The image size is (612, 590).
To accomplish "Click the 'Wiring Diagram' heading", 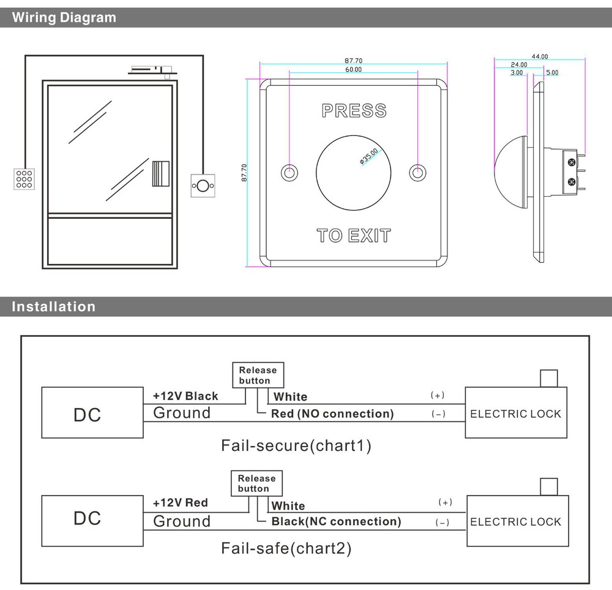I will coord(64,18).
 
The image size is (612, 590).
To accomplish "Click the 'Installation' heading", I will coord(54,306).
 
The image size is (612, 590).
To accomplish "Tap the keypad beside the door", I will coord(24,178).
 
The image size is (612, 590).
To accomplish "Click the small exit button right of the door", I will coord(203,184).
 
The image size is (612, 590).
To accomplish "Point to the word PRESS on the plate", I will coord(354,111).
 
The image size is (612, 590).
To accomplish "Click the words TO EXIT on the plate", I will coord(354,235).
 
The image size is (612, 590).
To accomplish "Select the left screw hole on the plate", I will coord(289,173).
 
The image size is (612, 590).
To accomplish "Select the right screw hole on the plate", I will coord(418,173).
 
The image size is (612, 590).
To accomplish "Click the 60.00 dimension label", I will coord(353,70).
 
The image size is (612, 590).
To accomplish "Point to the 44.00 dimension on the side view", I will coord(540,56).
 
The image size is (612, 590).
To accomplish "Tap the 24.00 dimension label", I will coord(519,64).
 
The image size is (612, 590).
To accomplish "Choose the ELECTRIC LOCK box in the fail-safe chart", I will coord(515,521).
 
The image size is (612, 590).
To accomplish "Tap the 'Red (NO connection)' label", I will coord(332,414).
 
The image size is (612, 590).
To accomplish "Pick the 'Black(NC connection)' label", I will coord(336,521).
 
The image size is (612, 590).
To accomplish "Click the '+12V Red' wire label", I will coord(180,502).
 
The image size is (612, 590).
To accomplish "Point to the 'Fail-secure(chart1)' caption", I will coord(296,445).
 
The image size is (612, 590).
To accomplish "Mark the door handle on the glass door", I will coord(160,173).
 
